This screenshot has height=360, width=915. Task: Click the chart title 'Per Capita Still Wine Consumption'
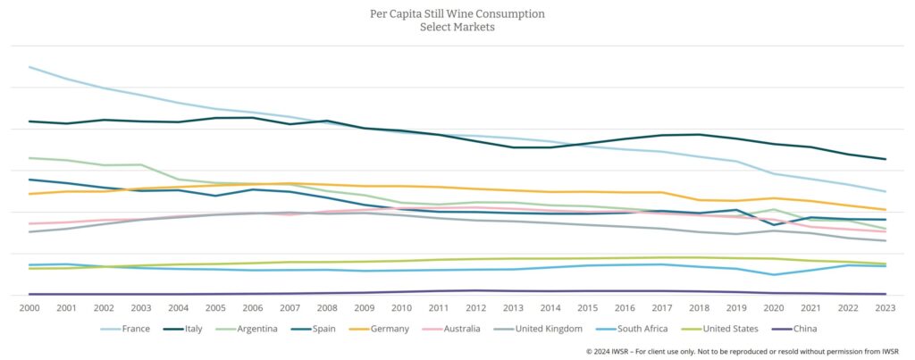click(457, 14)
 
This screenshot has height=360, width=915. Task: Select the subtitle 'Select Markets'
click(457, 28)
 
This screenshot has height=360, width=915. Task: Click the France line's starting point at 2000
click(30, 67)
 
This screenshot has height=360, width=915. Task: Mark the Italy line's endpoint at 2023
click(885, 159)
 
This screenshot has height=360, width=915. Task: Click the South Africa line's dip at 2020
click(773, 274)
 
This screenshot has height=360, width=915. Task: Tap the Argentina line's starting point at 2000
click(30, 158)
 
